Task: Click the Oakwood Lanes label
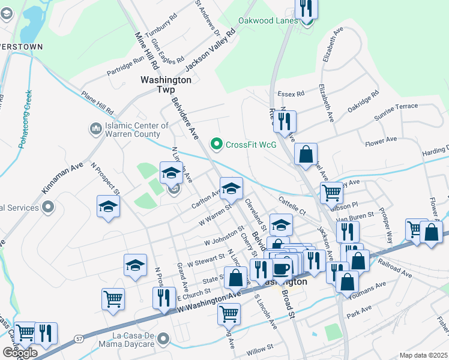click(268, 20)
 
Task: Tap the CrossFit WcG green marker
click(215, 144)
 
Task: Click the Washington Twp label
click(166, 84)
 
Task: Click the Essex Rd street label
click(292, 94)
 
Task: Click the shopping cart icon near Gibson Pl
click(331, 192)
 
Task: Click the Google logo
click(20, 353)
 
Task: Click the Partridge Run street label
click(126, 66)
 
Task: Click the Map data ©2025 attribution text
click(424, 355)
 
